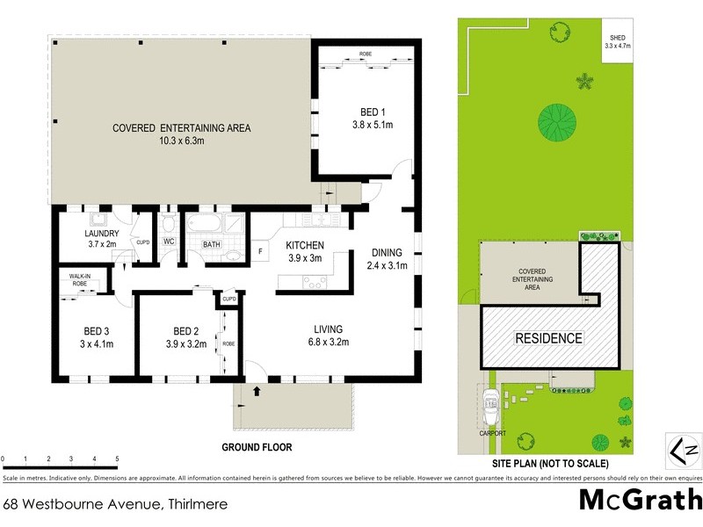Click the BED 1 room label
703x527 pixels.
tap(373, 112)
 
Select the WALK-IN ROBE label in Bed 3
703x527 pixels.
tap(74, 279)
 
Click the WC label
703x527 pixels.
tap(169, 242)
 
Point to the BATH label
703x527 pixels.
tap(211, 244)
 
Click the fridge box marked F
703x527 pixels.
tap(260, 252)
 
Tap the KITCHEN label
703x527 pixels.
tap(305, 245)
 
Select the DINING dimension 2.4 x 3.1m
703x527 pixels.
tap(387, 265)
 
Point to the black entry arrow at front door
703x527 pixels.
tap(256, 390)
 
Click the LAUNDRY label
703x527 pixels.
tap(102, 233)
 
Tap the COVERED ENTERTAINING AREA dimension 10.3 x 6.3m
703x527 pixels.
tap(181, 141)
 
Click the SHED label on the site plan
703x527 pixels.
tap(618, 37)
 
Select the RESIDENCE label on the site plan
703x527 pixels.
tap(548, 338)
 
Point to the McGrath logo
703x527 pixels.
tap(640, 500)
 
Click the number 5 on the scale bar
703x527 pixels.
tap(117, 459)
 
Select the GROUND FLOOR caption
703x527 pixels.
tap(256, 447)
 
